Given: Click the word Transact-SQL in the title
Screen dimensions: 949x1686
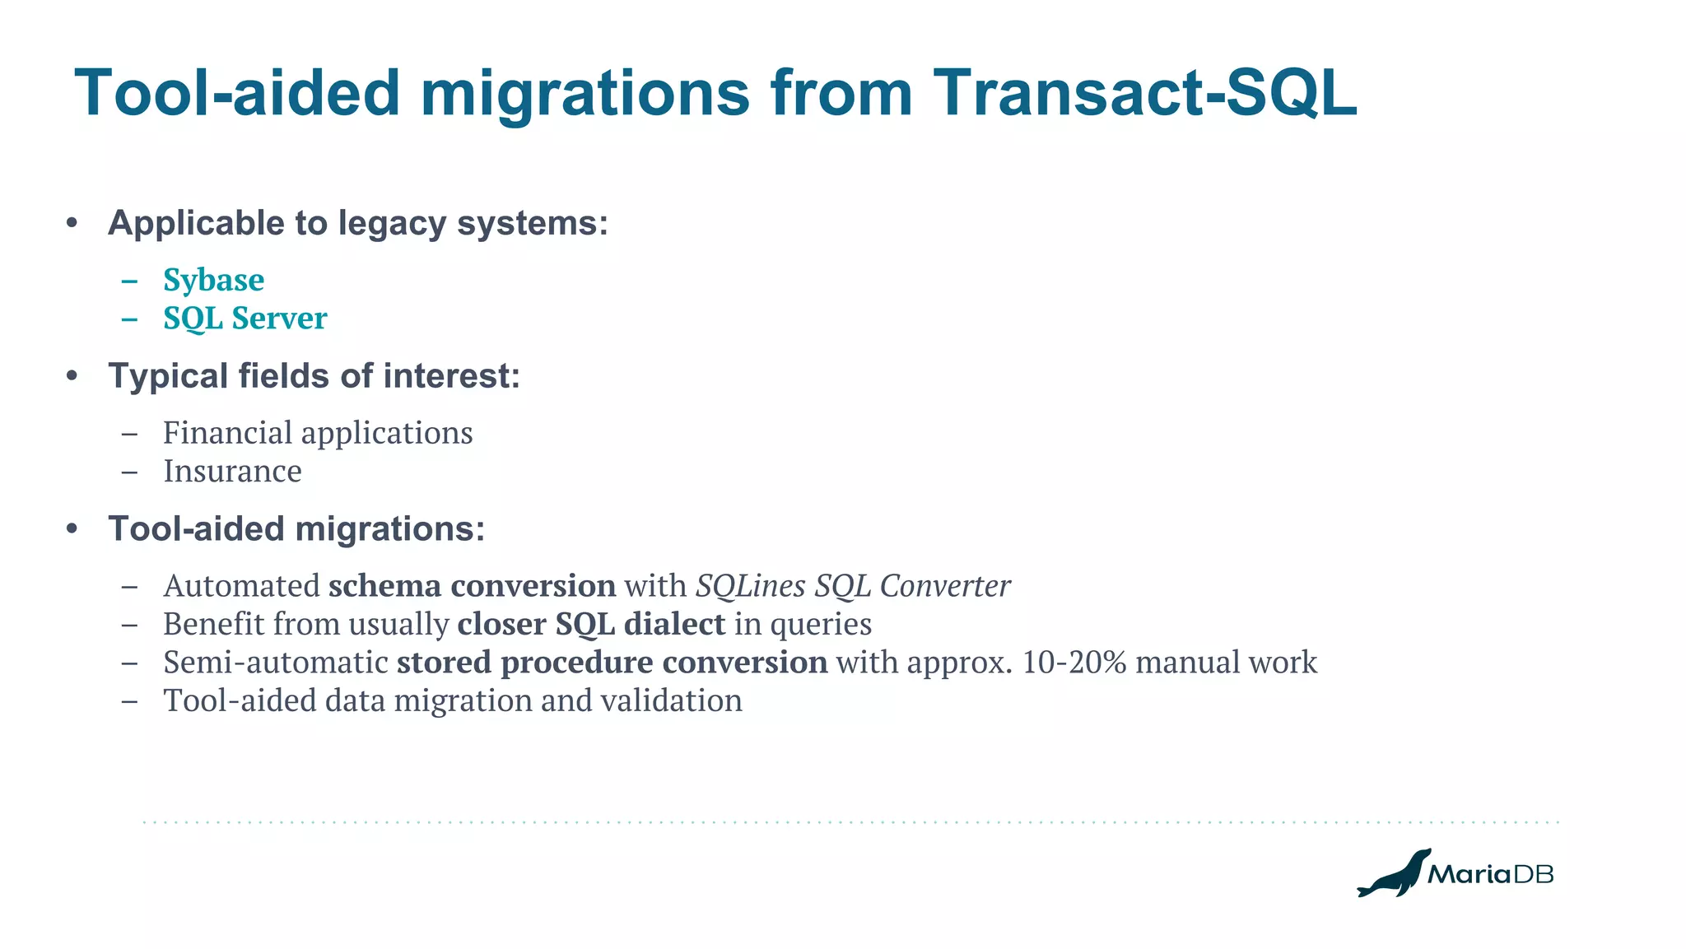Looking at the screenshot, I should (1144, 92).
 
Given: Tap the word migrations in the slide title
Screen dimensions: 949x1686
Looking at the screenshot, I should (585, 92).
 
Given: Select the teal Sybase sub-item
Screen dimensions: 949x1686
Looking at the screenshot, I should (213, 280).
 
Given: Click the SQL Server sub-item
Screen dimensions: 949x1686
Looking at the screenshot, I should (245, 319).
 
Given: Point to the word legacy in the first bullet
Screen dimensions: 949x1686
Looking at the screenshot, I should (392, 224).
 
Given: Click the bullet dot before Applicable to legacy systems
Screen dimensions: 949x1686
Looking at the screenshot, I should (72, 223).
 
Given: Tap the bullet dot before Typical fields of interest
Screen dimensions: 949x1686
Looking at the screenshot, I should (72, 376).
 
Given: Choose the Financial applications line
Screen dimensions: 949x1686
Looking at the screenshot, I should (318, 433).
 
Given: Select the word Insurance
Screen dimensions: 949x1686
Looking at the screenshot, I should (232, 472).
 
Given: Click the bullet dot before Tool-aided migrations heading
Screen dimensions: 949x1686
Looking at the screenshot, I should (72, 528).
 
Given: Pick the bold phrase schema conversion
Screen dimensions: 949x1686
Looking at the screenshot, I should (472, 586).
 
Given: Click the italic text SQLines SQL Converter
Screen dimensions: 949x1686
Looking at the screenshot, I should (853, 586).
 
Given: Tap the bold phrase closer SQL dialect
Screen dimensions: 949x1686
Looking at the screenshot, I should (591, 624).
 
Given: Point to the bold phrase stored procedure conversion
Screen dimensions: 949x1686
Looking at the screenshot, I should (612, 663).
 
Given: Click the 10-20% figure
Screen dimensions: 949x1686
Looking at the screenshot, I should (1074, 663).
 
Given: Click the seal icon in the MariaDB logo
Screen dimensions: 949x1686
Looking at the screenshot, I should (1393, 874).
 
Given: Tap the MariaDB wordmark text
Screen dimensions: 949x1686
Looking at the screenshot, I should (1490, 874).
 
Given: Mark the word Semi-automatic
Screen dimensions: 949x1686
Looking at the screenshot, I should (275, 663).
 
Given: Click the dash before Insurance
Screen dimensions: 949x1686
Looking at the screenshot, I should (128, 472).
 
